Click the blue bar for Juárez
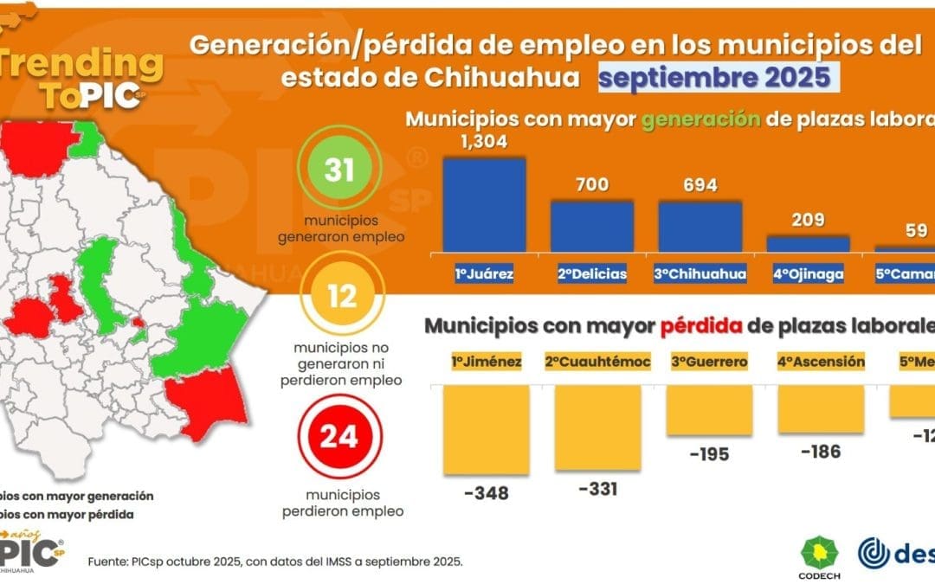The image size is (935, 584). (484, 205)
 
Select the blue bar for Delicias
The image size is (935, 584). (592, 226)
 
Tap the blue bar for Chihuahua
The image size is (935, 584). (700, 226)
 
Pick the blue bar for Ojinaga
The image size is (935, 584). (808, 243)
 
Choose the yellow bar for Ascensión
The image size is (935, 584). (820, 409)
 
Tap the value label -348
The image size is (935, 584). (486, 493)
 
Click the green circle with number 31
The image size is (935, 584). (339, 170)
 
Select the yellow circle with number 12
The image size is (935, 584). (341, 297)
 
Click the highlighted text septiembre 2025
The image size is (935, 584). (713, 78)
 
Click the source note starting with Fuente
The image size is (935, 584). (275, 562)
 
